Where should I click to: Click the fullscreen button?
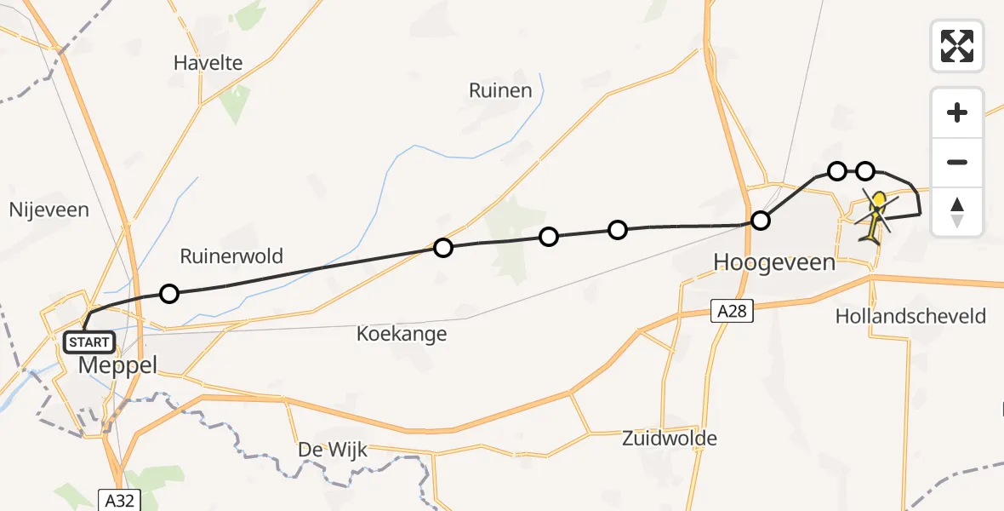957,46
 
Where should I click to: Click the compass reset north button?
957,212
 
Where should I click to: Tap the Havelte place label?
208,62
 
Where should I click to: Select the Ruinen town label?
500,90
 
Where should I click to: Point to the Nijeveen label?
48,210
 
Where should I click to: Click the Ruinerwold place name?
231,255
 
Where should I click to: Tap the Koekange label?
402,333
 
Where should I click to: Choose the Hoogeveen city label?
773,262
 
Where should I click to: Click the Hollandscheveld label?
910,316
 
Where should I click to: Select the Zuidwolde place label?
669,439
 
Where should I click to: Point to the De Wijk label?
333,450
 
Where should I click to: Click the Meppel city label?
118,365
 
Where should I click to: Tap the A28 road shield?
732,312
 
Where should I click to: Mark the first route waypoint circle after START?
169,294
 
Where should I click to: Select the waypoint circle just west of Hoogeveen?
761,221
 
